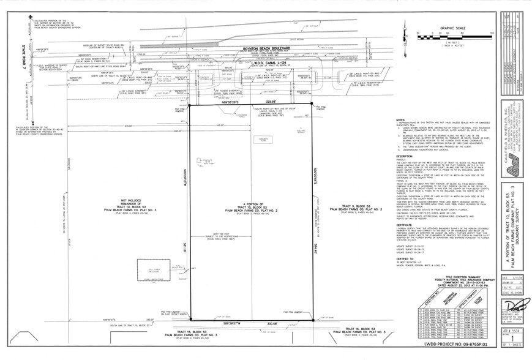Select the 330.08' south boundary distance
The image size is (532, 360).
point(272,323)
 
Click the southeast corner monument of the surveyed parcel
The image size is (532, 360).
point(313,319)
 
